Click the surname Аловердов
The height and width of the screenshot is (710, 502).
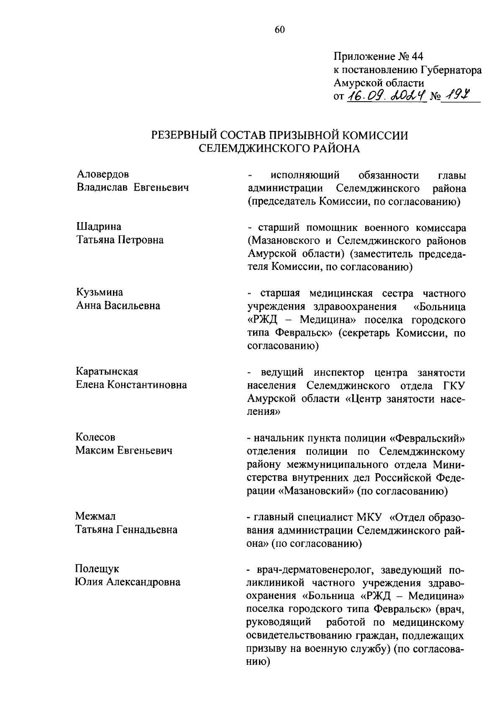tap(103, 174)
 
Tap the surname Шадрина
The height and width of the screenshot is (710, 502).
tap(99, 227)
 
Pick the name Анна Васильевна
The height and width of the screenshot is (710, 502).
tap(118, 306)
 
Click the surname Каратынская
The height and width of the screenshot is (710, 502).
tap(107, 372)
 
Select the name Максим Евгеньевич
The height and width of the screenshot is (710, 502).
tap(124, 451)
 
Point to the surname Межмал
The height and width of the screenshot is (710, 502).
tap(96, 516)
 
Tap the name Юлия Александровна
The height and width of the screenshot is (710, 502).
tap(128, 582)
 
